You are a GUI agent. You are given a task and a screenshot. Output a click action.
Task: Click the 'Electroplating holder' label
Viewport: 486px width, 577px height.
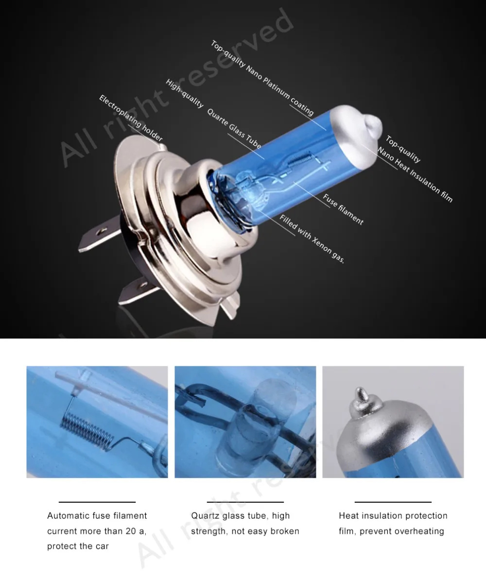tap(131, 119)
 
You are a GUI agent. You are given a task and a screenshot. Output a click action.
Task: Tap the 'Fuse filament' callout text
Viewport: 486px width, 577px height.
tap(343, 209)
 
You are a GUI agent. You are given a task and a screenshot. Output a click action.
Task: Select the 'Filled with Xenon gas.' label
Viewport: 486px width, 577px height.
tap(312, 239)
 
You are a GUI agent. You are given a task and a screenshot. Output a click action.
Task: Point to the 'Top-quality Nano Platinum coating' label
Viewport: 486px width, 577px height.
tap(262, 78)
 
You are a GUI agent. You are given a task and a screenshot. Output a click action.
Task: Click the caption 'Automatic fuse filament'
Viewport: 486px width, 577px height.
tap(97, 515)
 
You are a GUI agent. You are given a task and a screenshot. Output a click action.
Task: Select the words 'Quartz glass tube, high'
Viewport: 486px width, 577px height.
tap(240, 515)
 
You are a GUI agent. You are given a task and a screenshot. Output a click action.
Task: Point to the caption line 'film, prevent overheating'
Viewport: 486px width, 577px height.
tap(391, 531)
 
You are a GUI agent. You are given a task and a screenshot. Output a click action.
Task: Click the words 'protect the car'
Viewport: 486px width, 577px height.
tap(78, 546)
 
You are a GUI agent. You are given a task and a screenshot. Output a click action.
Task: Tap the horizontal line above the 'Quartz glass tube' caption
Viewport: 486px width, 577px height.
tap(245, 501)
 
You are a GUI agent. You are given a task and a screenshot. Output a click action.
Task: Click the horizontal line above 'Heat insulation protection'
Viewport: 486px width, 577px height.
tap(393, 501)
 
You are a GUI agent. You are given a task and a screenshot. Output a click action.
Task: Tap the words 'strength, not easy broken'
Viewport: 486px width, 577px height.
tap(245, 531)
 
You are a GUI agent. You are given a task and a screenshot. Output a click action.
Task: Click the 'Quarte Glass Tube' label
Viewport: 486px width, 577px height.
tap(234, 129)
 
